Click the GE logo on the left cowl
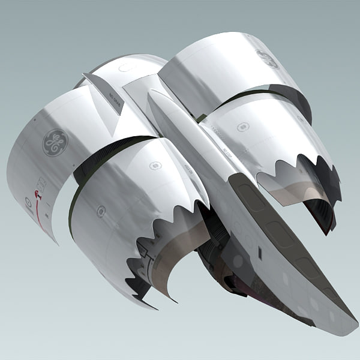(x=55, y=143)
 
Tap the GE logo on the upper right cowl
(x=267, y=59)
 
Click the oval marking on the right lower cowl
(x=243, y=127)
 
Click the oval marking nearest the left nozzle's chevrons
(x=155, y=166)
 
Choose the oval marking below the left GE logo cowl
(x=101, y=211)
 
